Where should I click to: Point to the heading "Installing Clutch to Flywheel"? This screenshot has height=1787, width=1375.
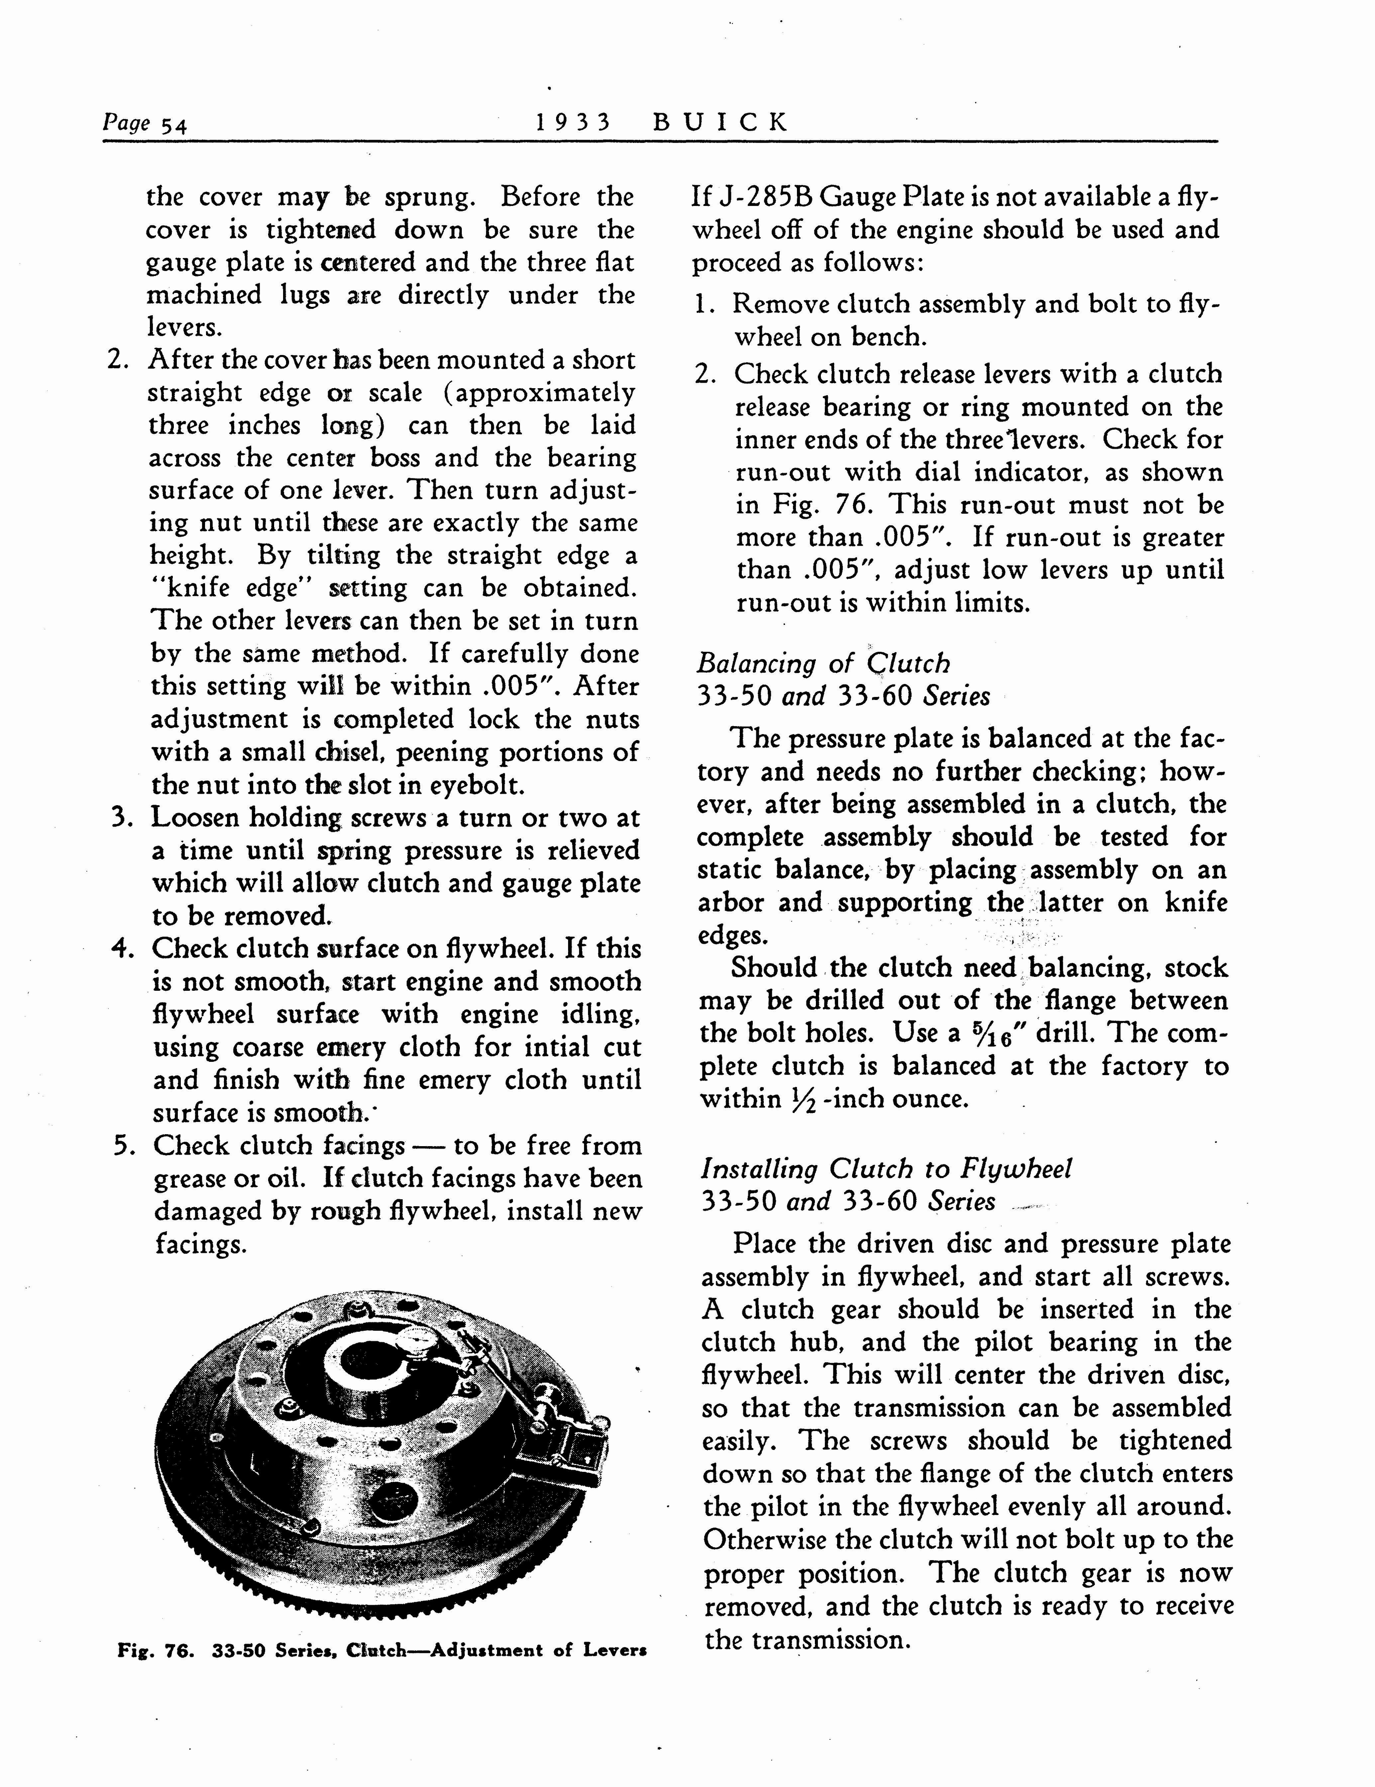click(x=886, y=1168)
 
